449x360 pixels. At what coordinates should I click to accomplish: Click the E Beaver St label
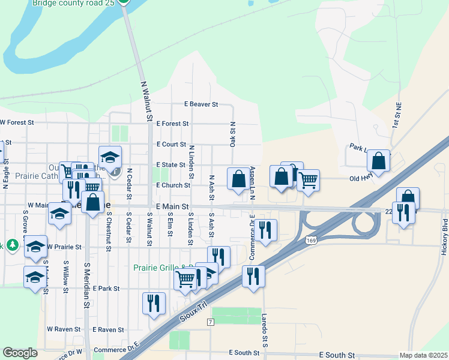pyautogui.click(x=200, y=104)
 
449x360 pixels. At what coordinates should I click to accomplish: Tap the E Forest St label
pyautogui.click(x=172, y=124)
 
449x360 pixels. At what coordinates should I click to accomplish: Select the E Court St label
pyautogui.click(x=171, y=145)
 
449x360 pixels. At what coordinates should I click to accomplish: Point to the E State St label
pyautogui.click(x=171, y=165)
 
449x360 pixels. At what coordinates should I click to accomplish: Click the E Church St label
pyautogui.click(x=173, y=185)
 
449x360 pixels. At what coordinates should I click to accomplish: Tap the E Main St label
pyautogui.click(x=172, y=206)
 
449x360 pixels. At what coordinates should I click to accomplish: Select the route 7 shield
pyautogui.click(x=210, y=323)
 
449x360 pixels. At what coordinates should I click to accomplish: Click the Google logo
pyautogui.click(x=20, y=353)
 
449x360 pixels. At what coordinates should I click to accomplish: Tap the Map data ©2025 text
pyautogui.click(x=423, y=356)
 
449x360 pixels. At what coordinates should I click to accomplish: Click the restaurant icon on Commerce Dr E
pyautogui.click(x=265, y=229)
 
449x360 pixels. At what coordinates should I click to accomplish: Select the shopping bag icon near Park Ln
pyautogui.click(x=378, y=161)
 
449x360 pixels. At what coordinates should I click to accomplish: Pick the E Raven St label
pyautogui.click(x=108, y=329)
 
